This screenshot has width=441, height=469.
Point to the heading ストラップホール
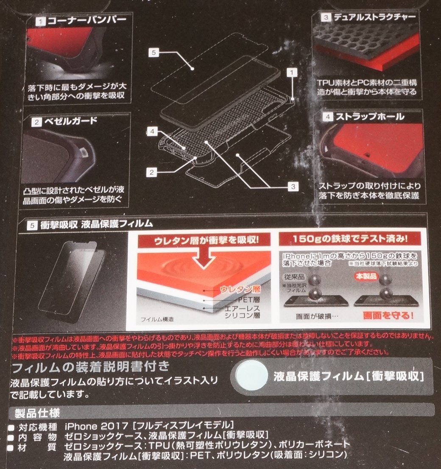(368, 116)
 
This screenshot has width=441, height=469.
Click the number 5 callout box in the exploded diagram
(154, 53)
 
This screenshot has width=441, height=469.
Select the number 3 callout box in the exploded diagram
(292, 185)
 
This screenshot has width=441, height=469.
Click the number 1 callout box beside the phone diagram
(291, 73)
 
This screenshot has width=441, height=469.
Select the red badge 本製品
(365, 275)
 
